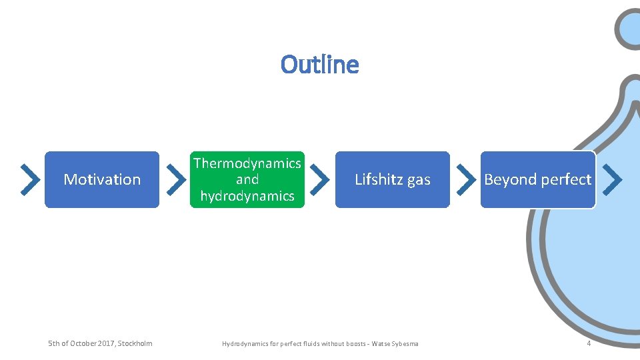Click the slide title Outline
(x=319, y=65)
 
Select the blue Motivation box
(x=102, y=179)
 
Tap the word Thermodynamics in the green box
(x=247, y=163)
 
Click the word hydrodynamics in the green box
(x=247, y=196)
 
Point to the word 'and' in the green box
(x=247, y=179)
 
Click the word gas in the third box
(x=419, y=180)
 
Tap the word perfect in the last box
(x=566, y=179)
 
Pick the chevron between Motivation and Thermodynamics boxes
(x=175, y=179)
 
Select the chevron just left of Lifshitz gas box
(x=320, y=179)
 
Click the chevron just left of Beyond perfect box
(x=465, y=179)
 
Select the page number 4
(x=589, y=343)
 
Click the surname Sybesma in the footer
(x=404, y=344)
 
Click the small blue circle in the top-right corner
(x=631, y=28)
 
